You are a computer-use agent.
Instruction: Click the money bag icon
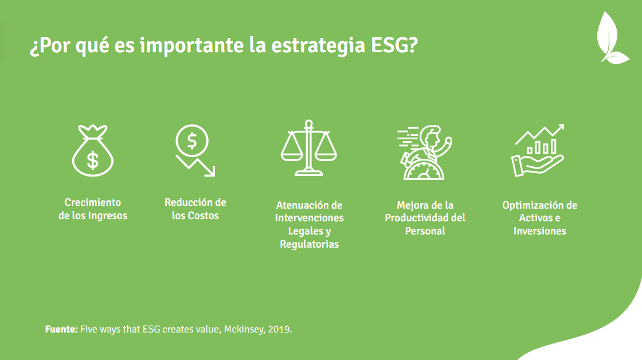pyautogui.click(x=92, y=151)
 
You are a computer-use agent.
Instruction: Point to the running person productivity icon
pyautogui.click(x=424, y=151)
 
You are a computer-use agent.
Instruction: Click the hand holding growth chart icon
pyautogui.click(x=537, y=151)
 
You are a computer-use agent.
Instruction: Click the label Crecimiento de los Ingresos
pyautogui.click(x=93, y=209)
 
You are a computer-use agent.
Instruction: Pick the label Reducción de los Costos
pyautogui.click(x=195, y=209)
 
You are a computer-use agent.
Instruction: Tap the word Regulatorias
pyautogui.click(x=310, y=244)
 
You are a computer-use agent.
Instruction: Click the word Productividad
pyautogui.click(x=418, y=218)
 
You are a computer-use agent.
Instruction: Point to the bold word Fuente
pyautogui.click(x=61, y=330)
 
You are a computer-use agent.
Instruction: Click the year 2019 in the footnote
pyautogui.click(x=280, y=330)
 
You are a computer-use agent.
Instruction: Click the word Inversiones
pyautogui.click(x=540, y=231)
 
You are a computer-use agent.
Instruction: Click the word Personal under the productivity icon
pyautogui.click(x=425, y=231)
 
